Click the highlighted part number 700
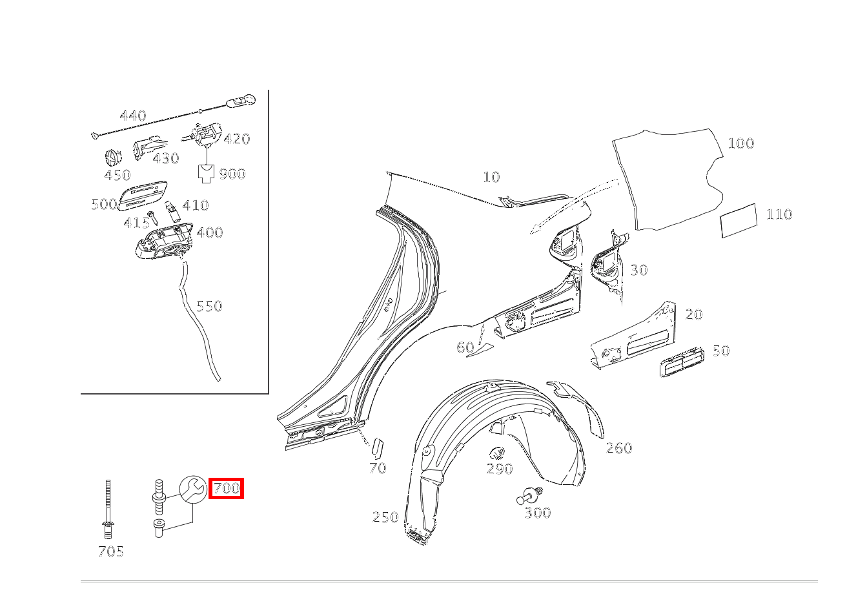pyautogui.click(x=226, y=488)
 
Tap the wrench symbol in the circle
pyautogui.click(x=194, y=489)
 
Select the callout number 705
pyautogui.click(x=111, y=551)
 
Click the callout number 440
pyautogui.click(x=133, y=116)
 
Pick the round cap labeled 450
pyautogui.click(x=113, y=158)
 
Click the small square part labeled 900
pyautogui.click(x=206, y=174)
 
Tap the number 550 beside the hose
pyautogui.click(x=209, y=306)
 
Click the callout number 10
pyautogui.click(x=491, y=177)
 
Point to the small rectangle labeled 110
pyautogui.click(x=739, y=221)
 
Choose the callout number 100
pyautogui.click(x=741, y=144)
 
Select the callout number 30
pyautogui.click(x=639, y=270)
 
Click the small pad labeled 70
pyautogui.click(x=378, y=448)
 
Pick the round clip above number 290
pyautogui.click(x=497, y=453)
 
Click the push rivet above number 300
pyautogui.click(x=530, y=495)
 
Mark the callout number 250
pyautogui.click(x=385, y=517)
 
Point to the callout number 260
pyautogui.click(x=619, y=448)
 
